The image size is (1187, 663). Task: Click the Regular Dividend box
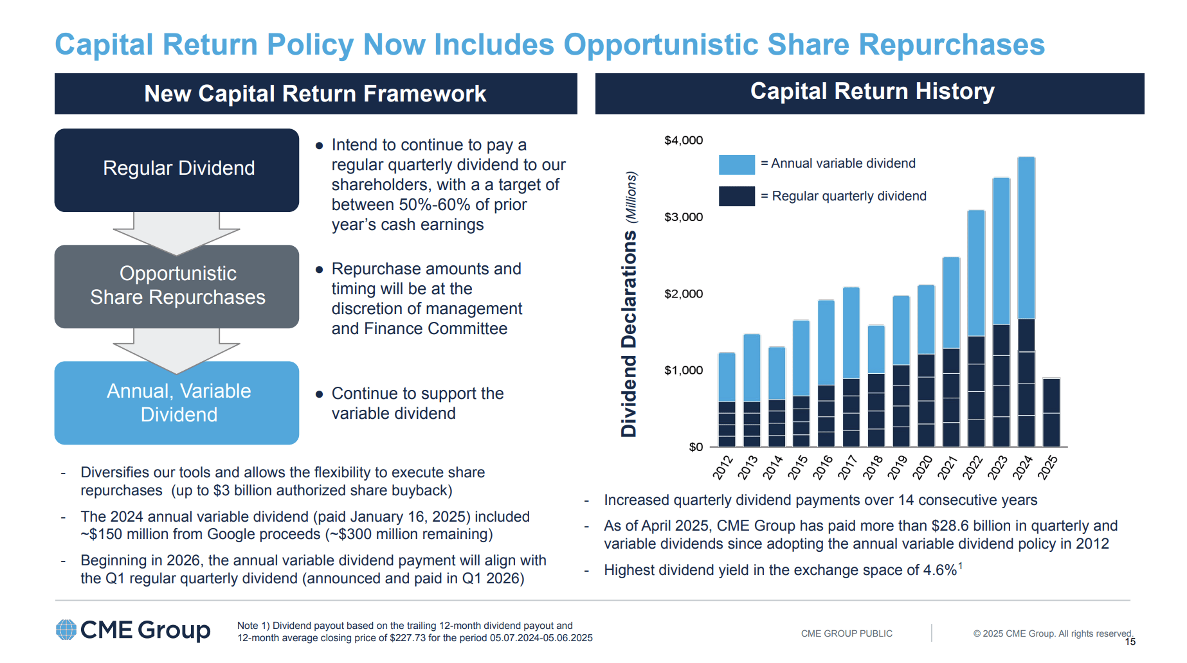tap(177, 170)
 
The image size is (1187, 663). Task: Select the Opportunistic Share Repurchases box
tap(177, 286)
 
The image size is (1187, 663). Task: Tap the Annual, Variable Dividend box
tap(177, 403)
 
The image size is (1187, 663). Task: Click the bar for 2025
tap(1051, 412)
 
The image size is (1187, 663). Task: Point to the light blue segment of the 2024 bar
tap(1026, 238)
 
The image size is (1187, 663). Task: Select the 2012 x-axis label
tap(723, 467)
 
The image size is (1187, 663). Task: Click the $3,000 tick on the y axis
tap(684, 217)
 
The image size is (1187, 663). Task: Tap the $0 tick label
tap(696, 447)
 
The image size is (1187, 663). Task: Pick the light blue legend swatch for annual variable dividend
tap(736, 164)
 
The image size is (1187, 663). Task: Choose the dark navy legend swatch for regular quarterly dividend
tap(736, 197)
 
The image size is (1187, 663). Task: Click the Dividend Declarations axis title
tap(629, 334)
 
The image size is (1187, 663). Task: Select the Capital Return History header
tap(872, 92)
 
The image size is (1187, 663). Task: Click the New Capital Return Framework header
tap(315, 94)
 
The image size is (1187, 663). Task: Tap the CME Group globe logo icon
tap(66, 630)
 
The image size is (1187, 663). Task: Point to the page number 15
tap(1130, 642)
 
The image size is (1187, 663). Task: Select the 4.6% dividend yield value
tap(939, 570)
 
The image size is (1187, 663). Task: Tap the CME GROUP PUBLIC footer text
tap(846, 633)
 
